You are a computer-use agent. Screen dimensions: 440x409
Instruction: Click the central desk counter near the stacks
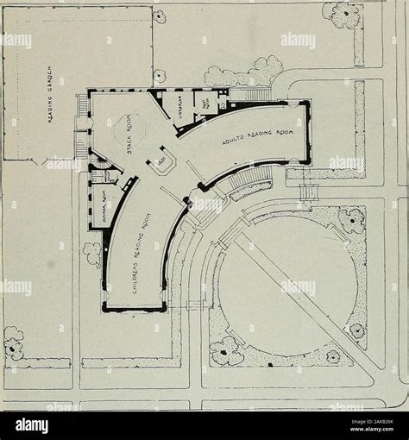(163, 163)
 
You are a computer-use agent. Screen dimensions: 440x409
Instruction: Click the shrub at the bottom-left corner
(13, 345)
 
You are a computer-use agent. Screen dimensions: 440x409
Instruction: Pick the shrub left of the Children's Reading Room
(91, 252)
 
